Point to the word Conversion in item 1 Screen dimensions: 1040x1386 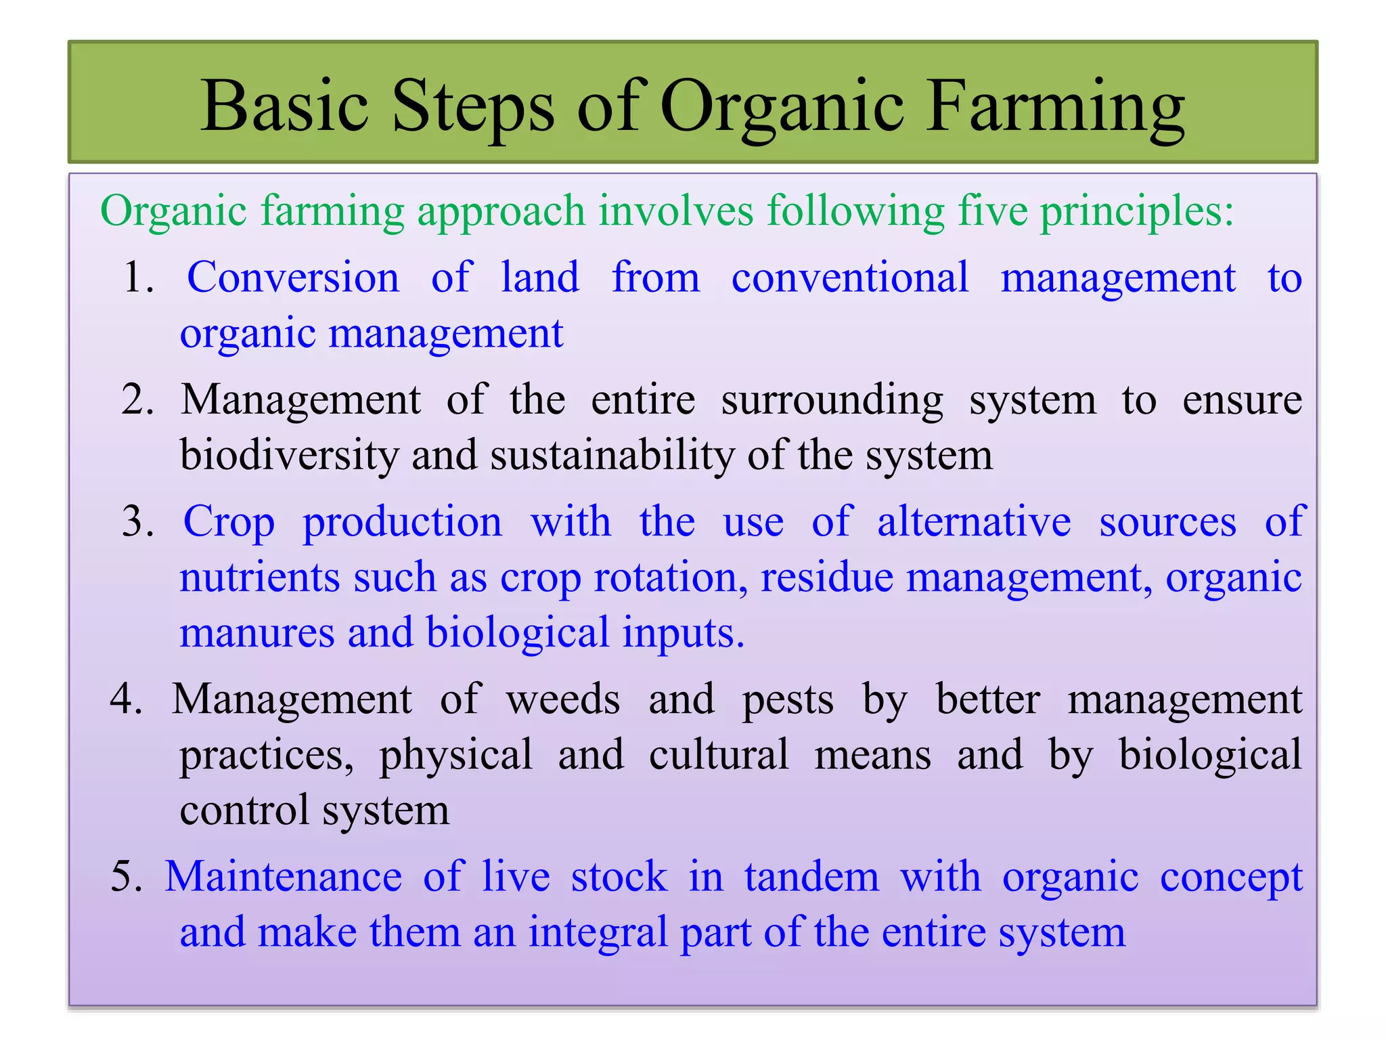(x=293, y=278)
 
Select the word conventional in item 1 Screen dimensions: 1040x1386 (x=850, y=278)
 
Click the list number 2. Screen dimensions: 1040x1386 (x=137, y=399)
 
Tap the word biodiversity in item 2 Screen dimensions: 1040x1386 (x=290, y=455)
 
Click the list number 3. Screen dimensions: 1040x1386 (x=137, y=523)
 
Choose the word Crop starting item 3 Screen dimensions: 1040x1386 (x=229, y=523)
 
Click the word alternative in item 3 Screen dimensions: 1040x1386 (x=974, y=523)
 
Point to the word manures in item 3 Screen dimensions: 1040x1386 (x=257, y=634)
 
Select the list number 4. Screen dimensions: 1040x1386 (x=126, y=699)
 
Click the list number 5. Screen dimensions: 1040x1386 (x=126, y=876)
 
